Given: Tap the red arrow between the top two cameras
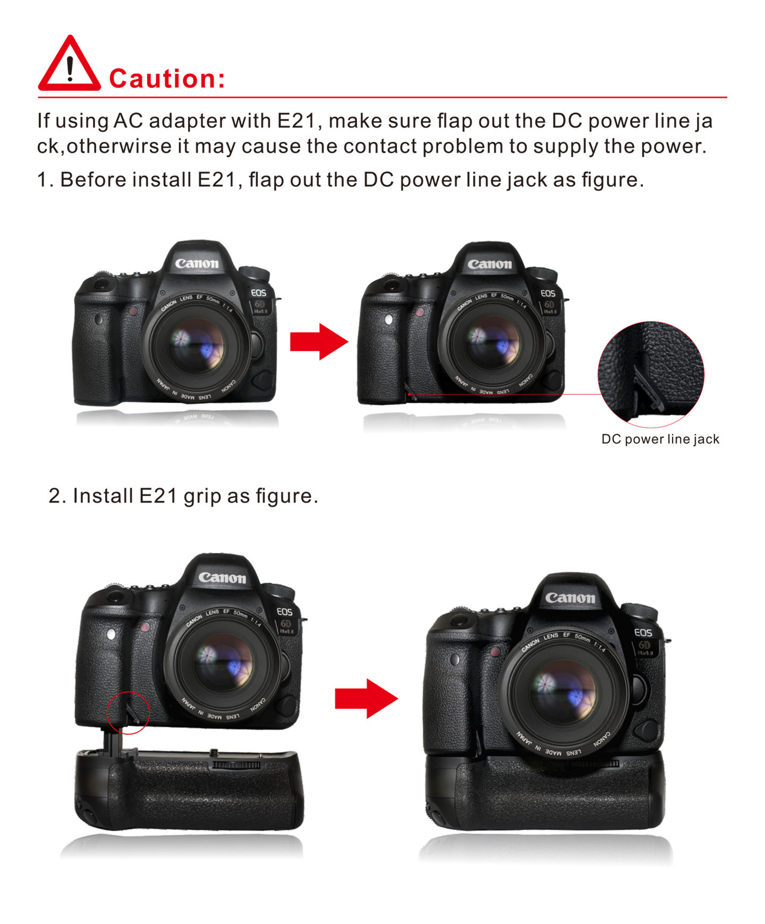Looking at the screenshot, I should pyautogui.click(x=319, y=341).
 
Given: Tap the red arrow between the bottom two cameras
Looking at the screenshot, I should pyautogui.click(x=366, y=698).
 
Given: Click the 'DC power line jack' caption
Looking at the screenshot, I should pyautogui.click(x=660, y=439).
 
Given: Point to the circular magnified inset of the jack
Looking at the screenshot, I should pyautogui.click(x=651, y=374).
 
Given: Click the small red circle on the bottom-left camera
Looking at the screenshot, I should pyautogui.click(x=128, y=713).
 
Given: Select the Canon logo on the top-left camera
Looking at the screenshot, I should pyautogui.click(x=197, y=264).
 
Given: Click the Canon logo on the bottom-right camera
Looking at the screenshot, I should pyautogui.click(x=570, y=598).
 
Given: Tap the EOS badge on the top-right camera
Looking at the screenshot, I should pyautogui.click(x=548, y=293).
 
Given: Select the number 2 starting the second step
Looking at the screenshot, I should pyautogui.click(x=54, y=496).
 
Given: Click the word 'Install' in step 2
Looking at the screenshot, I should pyautogui.click(x=103, y=496).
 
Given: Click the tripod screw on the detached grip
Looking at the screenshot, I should pyautogui.click(x=215, y=752).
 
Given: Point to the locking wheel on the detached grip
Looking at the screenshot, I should pyautogui.click(x=236, y=765).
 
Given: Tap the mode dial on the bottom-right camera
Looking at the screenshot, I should pyautogui.click(x=639, y=612).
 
